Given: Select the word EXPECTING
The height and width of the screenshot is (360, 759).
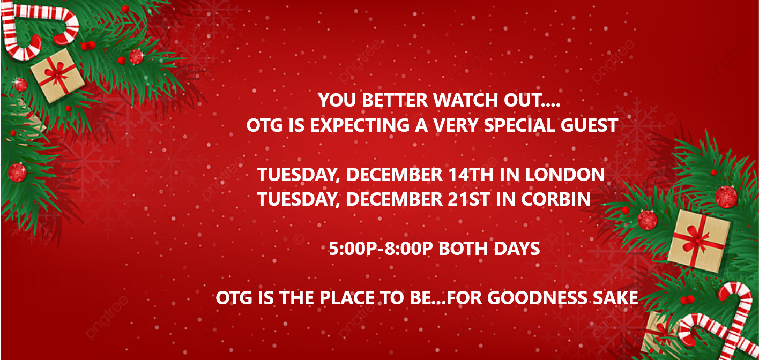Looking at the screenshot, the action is (360, 125).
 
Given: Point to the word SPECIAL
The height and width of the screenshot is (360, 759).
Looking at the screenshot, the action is (519, 125).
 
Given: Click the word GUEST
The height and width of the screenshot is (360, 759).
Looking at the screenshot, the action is (589, 125).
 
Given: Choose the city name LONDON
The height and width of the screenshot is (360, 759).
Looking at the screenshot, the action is (565, 175).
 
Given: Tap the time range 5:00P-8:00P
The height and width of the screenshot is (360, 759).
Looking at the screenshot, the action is (381, 249).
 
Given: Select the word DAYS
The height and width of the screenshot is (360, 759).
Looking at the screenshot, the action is (517, 249).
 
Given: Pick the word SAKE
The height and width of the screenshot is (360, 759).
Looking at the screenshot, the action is (616, 298).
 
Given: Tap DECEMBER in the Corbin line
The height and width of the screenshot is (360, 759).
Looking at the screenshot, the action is (395, 199).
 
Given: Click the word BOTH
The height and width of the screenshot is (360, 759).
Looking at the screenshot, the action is (463, 249).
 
